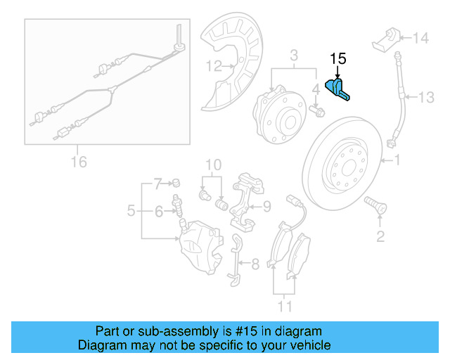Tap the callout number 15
click(338, 60)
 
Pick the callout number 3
click(295, 55)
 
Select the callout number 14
click(420, 38)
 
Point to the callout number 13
click(427, 96)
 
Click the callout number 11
click(284, 307)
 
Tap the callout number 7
click(158, 182)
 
